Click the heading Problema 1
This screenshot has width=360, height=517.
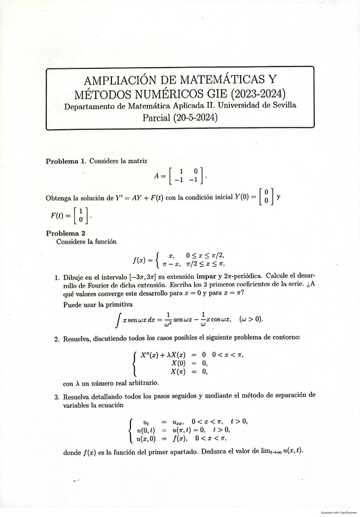coord(66,161)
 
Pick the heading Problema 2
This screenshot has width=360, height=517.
coord(66,233)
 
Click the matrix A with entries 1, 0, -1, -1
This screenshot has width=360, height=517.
coord(180,176)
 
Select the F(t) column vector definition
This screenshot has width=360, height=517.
coord(71,215)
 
